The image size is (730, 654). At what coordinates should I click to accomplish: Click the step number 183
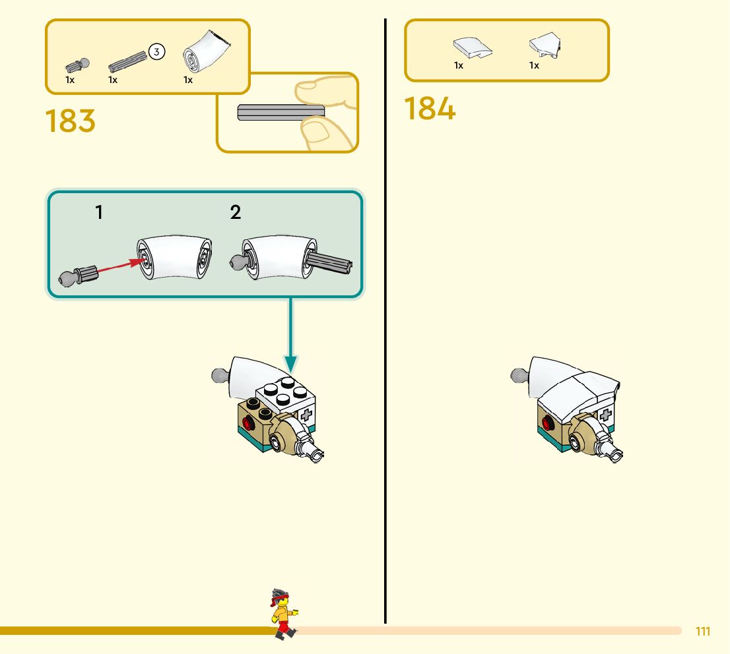coord(71,121)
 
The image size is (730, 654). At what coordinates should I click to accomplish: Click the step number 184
coord(430,109)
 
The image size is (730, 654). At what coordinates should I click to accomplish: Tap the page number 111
coord(703,632)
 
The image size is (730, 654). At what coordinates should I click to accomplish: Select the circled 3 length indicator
coord(156,51)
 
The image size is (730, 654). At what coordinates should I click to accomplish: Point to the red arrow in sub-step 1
coord(122,266)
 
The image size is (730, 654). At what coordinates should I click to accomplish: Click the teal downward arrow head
coord(290,362)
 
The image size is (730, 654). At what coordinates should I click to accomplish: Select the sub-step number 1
coord(99,212)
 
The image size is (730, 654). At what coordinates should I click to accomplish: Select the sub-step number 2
coord(236,212)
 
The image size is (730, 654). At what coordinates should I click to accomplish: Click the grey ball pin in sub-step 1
coord(77,275)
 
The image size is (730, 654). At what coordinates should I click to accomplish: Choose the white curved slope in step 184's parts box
coord(471,47)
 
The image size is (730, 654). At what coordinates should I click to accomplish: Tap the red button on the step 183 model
coord(248,424)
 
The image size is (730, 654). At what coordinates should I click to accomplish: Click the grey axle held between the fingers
coord(280,113)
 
